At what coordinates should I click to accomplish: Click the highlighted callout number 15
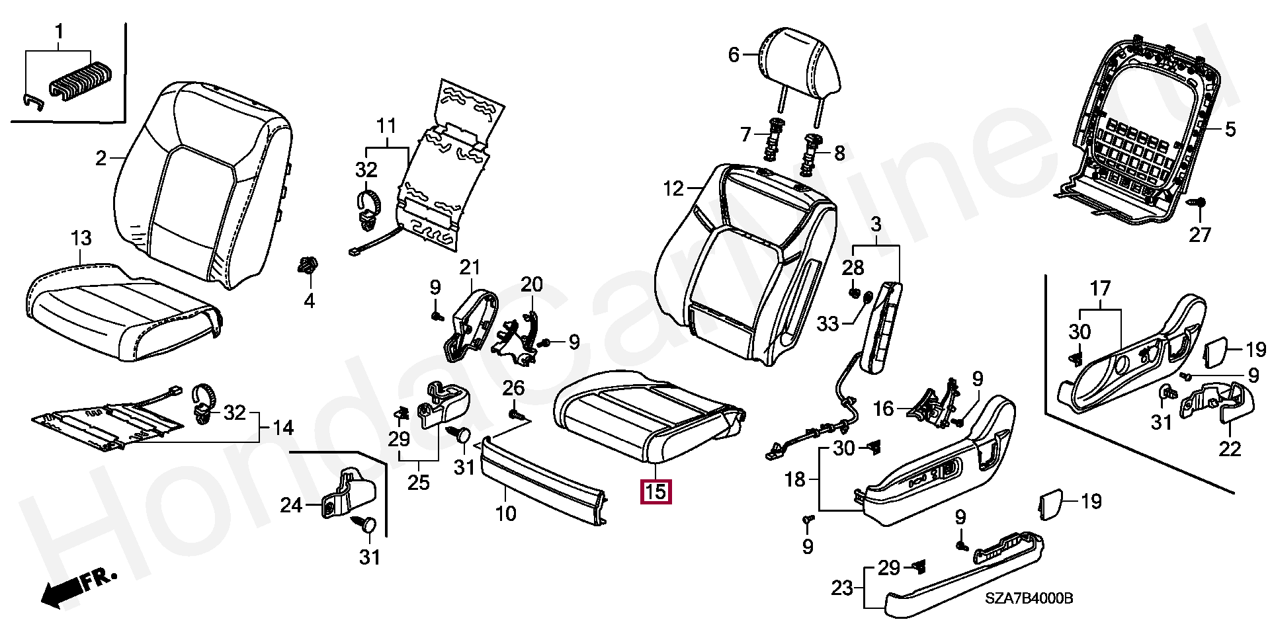[x=655, y=492]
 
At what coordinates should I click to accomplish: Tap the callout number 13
[x=81, y=238]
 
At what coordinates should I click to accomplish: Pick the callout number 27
[x=1199, y=235]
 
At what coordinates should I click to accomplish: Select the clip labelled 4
[x=308, y=266]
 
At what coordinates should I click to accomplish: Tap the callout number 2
[x=101, y=158]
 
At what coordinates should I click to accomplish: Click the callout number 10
[x=505, y=513]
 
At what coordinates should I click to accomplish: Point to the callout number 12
[x=673, y=189]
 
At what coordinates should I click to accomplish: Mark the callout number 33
[x=827, y=324]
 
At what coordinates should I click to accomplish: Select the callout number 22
[x=1230, y=449]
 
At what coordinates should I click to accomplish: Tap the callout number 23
[x=841, y=587]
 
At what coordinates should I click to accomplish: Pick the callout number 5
[x=1230, y=129]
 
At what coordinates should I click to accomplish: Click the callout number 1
[x=59, y=31]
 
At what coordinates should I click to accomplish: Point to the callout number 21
[x=470, y=267]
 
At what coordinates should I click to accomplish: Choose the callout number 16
[x=884, y=409]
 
